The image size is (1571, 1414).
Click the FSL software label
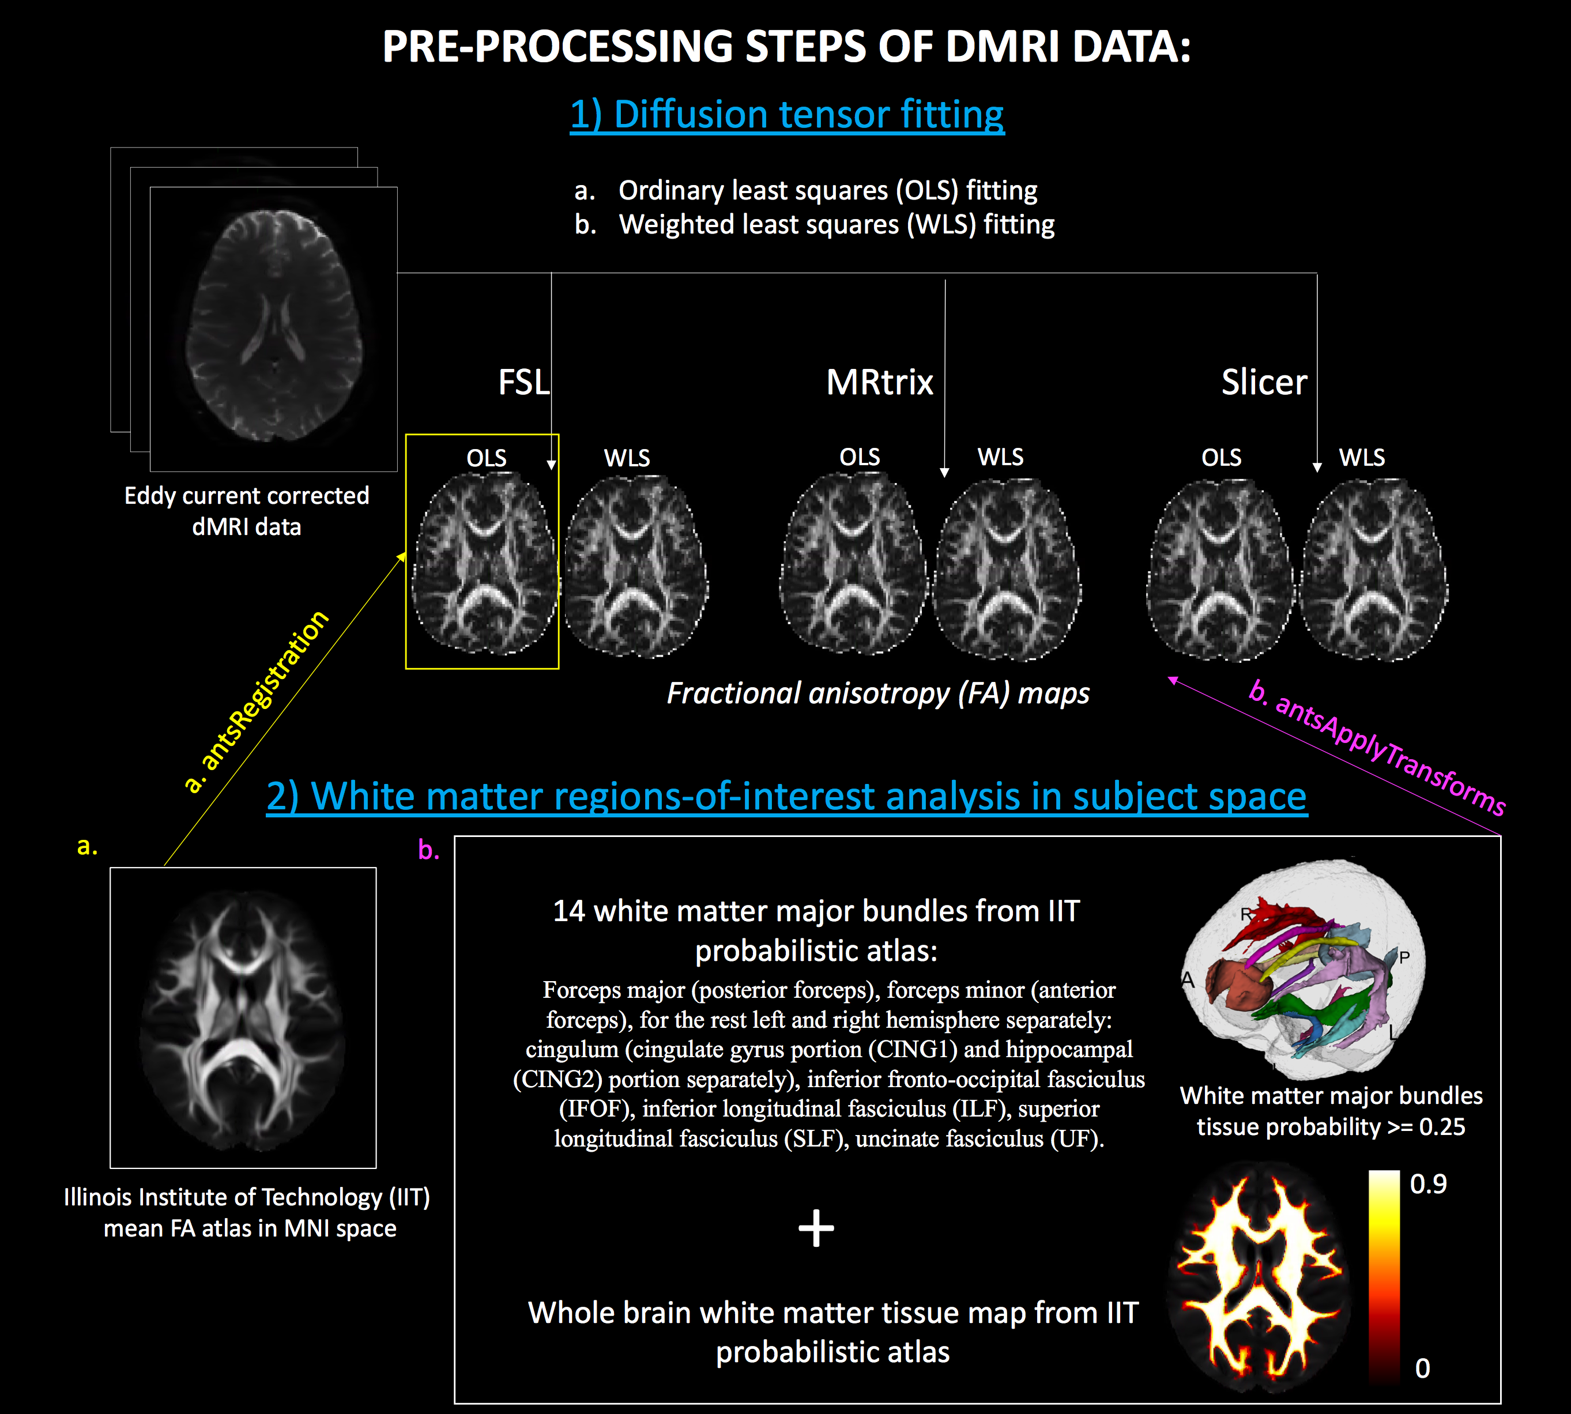point(523,382)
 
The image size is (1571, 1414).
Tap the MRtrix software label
point(880,382)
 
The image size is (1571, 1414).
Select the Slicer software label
point(1264,382)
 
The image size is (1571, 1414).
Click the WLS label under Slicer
point(1362,457)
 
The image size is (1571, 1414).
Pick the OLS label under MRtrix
point(860,457)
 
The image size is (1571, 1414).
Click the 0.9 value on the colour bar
point(1428,1183)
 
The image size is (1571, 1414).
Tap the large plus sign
point(816,1228)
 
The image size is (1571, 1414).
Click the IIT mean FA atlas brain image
point(243,1018)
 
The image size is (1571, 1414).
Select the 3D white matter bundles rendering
point(1303,967)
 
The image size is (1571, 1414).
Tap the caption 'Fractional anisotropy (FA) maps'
point(878,693)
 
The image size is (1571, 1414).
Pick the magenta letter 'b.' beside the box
point(428,849)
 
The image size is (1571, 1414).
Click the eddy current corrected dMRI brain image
point(273,326)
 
